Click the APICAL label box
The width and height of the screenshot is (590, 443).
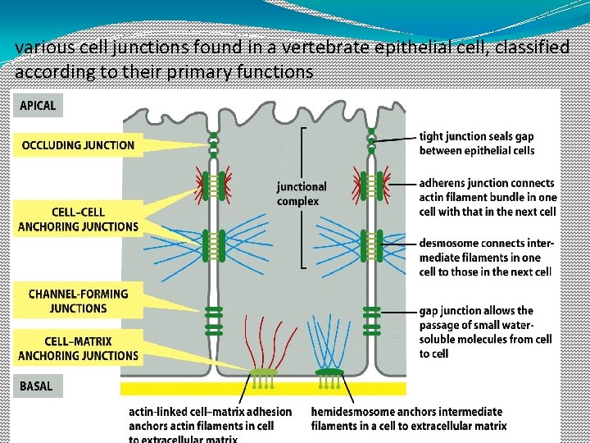(x=38, y=105)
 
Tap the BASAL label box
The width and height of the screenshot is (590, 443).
(x=38, y=386)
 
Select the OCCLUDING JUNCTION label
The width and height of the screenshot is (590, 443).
(x=78, y=145)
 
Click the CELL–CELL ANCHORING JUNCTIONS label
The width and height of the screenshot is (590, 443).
(x=78, y=219)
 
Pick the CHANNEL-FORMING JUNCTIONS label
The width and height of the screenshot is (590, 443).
(x=78, y=300)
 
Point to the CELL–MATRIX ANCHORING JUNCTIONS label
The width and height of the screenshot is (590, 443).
(x=78, y=348)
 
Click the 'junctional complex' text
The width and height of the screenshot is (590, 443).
(x=302, y=194)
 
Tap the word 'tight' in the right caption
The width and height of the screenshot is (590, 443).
(x=433, y=136)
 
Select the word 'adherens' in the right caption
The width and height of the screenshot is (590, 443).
(x=446, y=183)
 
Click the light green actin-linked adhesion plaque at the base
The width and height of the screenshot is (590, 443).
(x=264, y=373)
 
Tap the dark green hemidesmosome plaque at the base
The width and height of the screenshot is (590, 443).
(x=329, y=373)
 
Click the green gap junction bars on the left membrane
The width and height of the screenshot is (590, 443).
(x=214, y=320)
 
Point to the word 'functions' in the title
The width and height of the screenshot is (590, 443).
(x=273, y=71)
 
